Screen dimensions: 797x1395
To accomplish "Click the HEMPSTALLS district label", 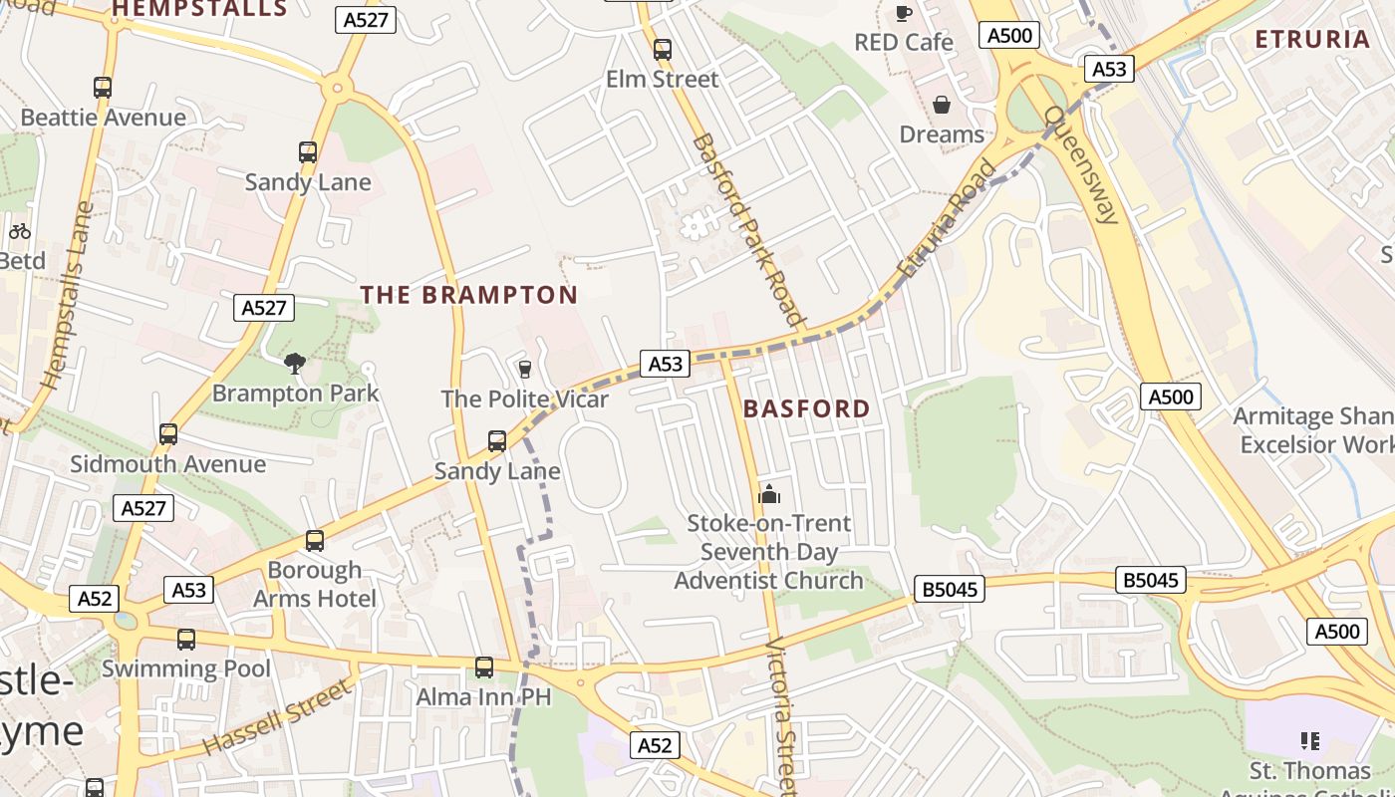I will coord(199,10).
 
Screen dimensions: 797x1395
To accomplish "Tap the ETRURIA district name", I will coord(1312,40).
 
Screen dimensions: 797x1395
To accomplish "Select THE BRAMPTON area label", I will coord(468,295).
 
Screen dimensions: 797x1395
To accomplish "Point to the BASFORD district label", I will coord(806,408).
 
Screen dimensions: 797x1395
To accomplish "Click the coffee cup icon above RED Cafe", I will coord(903,13).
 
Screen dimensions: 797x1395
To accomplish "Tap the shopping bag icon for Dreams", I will coord(941,105).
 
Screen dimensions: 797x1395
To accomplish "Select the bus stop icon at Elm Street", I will coord(662,50).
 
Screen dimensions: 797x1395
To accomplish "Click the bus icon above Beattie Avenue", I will coord(103,88).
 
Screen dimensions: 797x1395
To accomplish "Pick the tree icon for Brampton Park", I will coord(294,364).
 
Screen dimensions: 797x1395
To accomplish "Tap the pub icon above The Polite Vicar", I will coord(524,370).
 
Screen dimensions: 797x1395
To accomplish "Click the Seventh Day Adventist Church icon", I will coord(768,494).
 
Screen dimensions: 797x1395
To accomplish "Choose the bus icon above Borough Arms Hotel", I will coord(315,541).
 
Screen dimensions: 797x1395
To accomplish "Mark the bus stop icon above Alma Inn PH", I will coord(483,667).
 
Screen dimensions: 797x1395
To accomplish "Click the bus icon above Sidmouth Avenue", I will coord(168,434).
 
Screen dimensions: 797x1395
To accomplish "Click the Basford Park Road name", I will coord(747,229).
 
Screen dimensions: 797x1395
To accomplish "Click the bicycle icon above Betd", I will coord(20,231).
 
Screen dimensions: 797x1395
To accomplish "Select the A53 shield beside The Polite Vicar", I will coord(665,364).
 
